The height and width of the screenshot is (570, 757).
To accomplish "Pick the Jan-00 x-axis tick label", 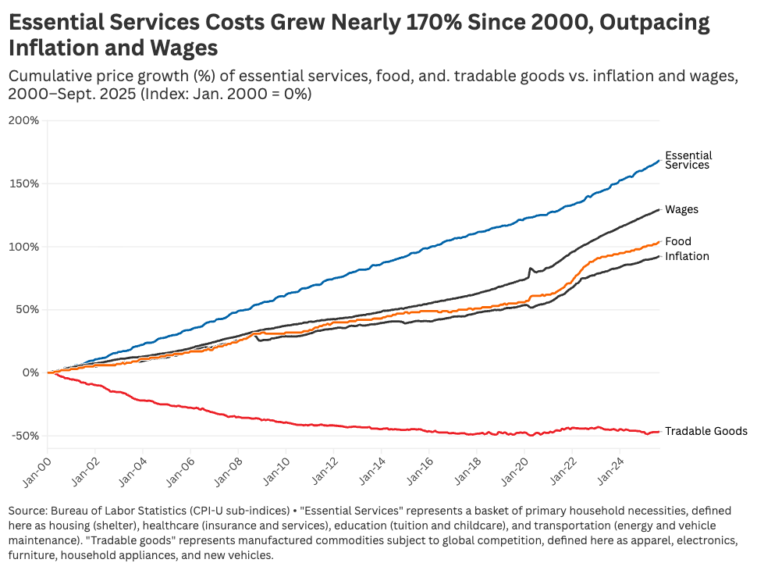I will [37, 472].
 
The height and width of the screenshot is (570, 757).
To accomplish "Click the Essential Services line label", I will [688, 160].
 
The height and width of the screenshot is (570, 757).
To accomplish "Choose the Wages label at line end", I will [681, 209].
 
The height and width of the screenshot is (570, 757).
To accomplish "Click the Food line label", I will [677, 241].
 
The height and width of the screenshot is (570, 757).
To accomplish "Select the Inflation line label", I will [687, 256].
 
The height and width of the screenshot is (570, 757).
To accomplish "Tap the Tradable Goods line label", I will [705, 431].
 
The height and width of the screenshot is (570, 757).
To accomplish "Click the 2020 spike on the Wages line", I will [531, 269].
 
